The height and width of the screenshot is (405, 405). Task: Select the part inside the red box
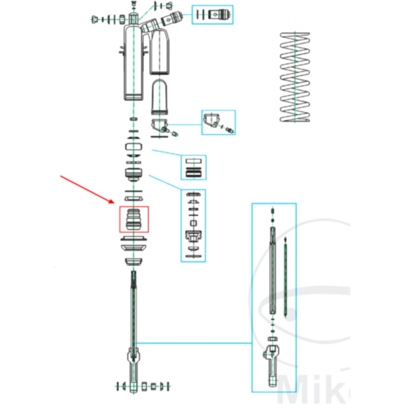[x=133, y=219]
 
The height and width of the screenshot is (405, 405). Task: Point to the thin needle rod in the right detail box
[x=286, y=277]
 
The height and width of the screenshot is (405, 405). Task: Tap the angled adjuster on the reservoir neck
[x=171, y=18]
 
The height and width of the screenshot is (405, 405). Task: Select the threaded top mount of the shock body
[x=134, y=15]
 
